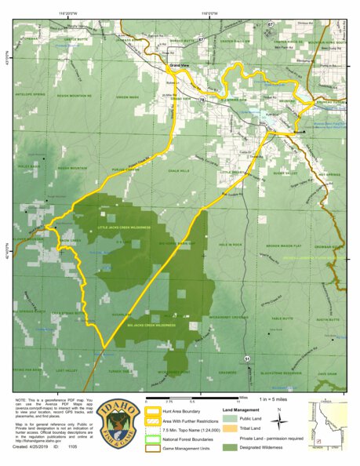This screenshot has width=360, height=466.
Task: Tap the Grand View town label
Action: point(180,66)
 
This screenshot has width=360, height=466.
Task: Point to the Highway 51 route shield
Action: point(246,358)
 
